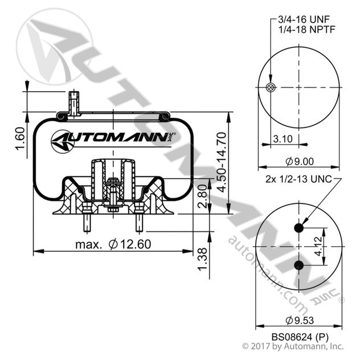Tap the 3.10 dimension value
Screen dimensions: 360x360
pyautogui.click(x=283, y=138)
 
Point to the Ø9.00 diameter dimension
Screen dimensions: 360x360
pyautogui.click(x=300, y=161)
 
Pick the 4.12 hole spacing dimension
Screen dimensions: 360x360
pyautogui.click(x=334, y=247)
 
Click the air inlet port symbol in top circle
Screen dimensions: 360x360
pyautogui.click(x=271, y=87)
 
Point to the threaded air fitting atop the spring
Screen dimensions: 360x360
pyautogui.click(x=73, y=103)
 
